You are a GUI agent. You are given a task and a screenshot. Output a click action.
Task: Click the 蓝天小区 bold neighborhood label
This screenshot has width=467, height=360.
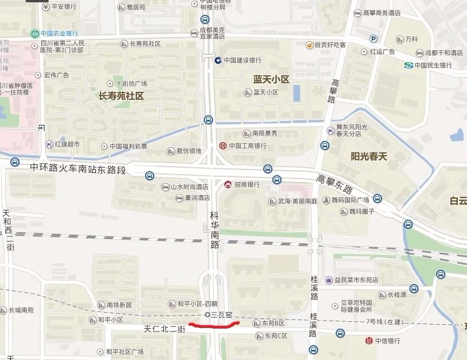271,79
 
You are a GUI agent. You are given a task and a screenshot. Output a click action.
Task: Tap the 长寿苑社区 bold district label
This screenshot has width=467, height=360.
121,96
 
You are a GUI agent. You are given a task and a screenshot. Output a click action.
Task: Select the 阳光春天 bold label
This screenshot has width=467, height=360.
369,156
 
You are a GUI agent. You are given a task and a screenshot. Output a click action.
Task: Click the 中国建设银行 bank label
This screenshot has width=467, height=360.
242,60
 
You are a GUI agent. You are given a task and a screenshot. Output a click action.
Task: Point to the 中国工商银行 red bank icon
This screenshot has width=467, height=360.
223,145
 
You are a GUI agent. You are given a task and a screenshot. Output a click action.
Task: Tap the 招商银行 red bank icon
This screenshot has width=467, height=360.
228,184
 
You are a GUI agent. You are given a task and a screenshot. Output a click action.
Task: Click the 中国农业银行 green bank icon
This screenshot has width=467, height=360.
35,33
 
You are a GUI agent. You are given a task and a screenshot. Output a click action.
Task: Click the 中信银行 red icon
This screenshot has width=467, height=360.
369,341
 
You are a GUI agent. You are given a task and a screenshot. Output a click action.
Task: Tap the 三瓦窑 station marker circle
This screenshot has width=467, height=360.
207,314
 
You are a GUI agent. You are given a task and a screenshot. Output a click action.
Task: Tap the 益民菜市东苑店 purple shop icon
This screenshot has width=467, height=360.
329,280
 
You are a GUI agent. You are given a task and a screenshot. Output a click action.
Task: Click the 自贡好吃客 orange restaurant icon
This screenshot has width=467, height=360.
309,45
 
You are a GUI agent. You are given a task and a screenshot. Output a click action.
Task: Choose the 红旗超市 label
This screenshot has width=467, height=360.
67,144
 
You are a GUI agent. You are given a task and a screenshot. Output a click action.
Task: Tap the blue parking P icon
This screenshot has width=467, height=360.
373,39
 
